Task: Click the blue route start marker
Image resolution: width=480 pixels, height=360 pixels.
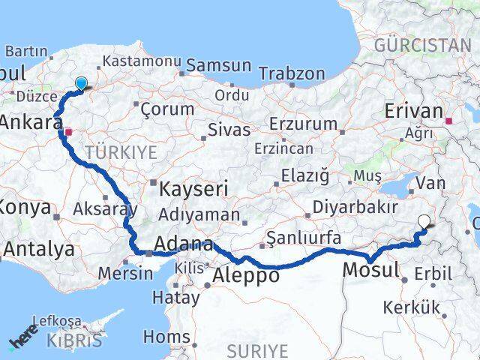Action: coord(80,84)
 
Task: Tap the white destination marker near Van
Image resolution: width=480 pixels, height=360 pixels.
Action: coord(425,222)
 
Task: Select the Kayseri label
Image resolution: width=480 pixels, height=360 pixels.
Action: coord(188,189)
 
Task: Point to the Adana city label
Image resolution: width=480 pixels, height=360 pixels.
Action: coord(183,244)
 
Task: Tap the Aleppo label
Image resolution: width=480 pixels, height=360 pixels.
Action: coord(246,275)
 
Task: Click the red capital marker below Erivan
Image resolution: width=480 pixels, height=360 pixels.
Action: coord(449,120)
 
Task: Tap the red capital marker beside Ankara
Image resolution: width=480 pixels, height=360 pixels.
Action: coord(68,132)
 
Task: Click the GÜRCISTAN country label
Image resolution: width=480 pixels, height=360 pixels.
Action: coord(422,45)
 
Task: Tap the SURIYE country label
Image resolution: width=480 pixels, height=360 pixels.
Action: coord(257,350)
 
